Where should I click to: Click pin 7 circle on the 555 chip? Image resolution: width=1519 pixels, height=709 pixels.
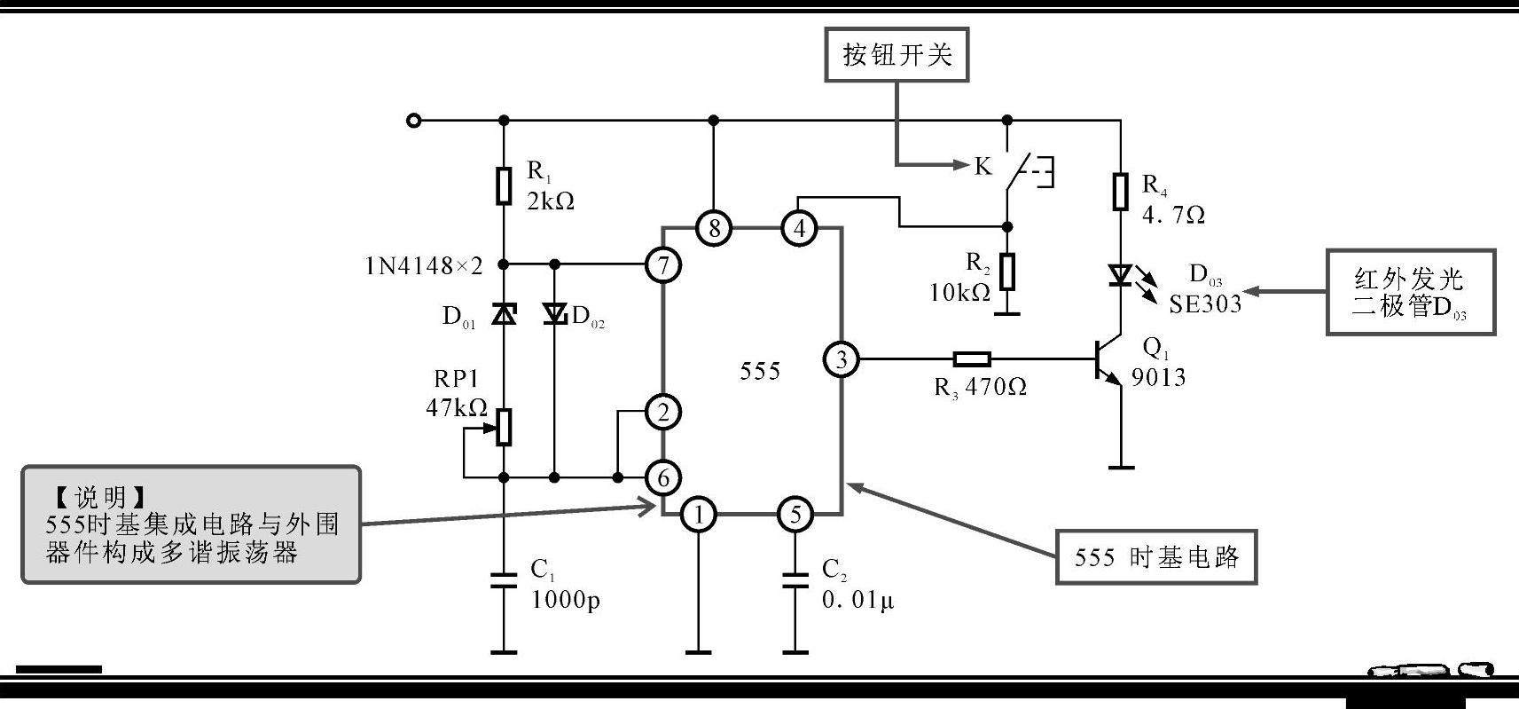[663, 264]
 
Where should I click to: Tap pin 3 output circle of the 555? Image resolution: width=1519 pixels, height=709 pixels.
[841, 359]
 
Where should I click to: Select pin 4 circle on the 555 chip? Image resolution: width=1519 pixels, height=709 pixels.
[799, 229]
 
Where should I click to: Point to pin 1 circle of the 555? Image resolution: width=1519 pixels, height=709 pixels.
[700, 515]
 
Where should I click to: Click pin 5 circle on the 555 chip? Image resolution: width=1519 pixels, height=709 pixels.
[795, 515]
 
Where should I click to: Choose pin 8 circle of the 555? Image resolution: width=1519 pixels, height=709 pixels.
[714, 229]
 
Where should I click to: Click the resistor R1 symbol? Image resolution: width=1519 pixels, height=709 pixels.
[504, 186]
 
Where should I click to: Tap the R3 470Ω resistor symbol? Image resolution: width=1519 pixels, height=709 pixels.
[972, 359]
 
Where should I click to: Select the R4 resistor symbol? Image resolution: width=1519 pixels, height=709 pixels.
[1121, 192]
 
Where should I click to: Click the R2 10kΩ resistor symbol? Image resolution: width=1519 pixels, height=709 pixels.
[1007, 272]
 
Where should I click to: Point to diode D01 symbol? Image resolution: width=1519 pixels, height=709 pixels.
[504, 313]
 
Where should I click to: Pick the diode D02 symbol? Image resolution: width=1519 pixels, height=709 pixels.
[555, 313]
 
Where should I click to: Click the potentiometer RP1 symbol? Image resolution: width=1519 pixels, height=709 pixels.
[504, 427]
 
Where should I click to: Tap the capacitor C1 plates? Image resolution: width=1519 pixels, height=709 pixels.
[504, 580]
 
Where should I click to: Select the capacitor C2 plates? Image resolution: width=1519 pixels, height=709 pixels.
[795, 580]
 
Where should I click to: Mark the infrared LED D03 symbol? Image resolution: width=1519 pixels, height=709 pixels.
[1121, 276]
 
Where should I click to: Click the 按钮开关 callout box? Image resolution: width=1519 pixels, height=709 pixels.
[897, 55]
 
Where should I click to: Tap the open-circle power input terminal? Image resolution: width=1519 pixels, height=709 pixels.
[413, 121]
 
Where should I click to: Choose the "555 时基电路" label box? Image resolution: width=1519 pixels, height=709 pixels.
[1155, 557]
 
